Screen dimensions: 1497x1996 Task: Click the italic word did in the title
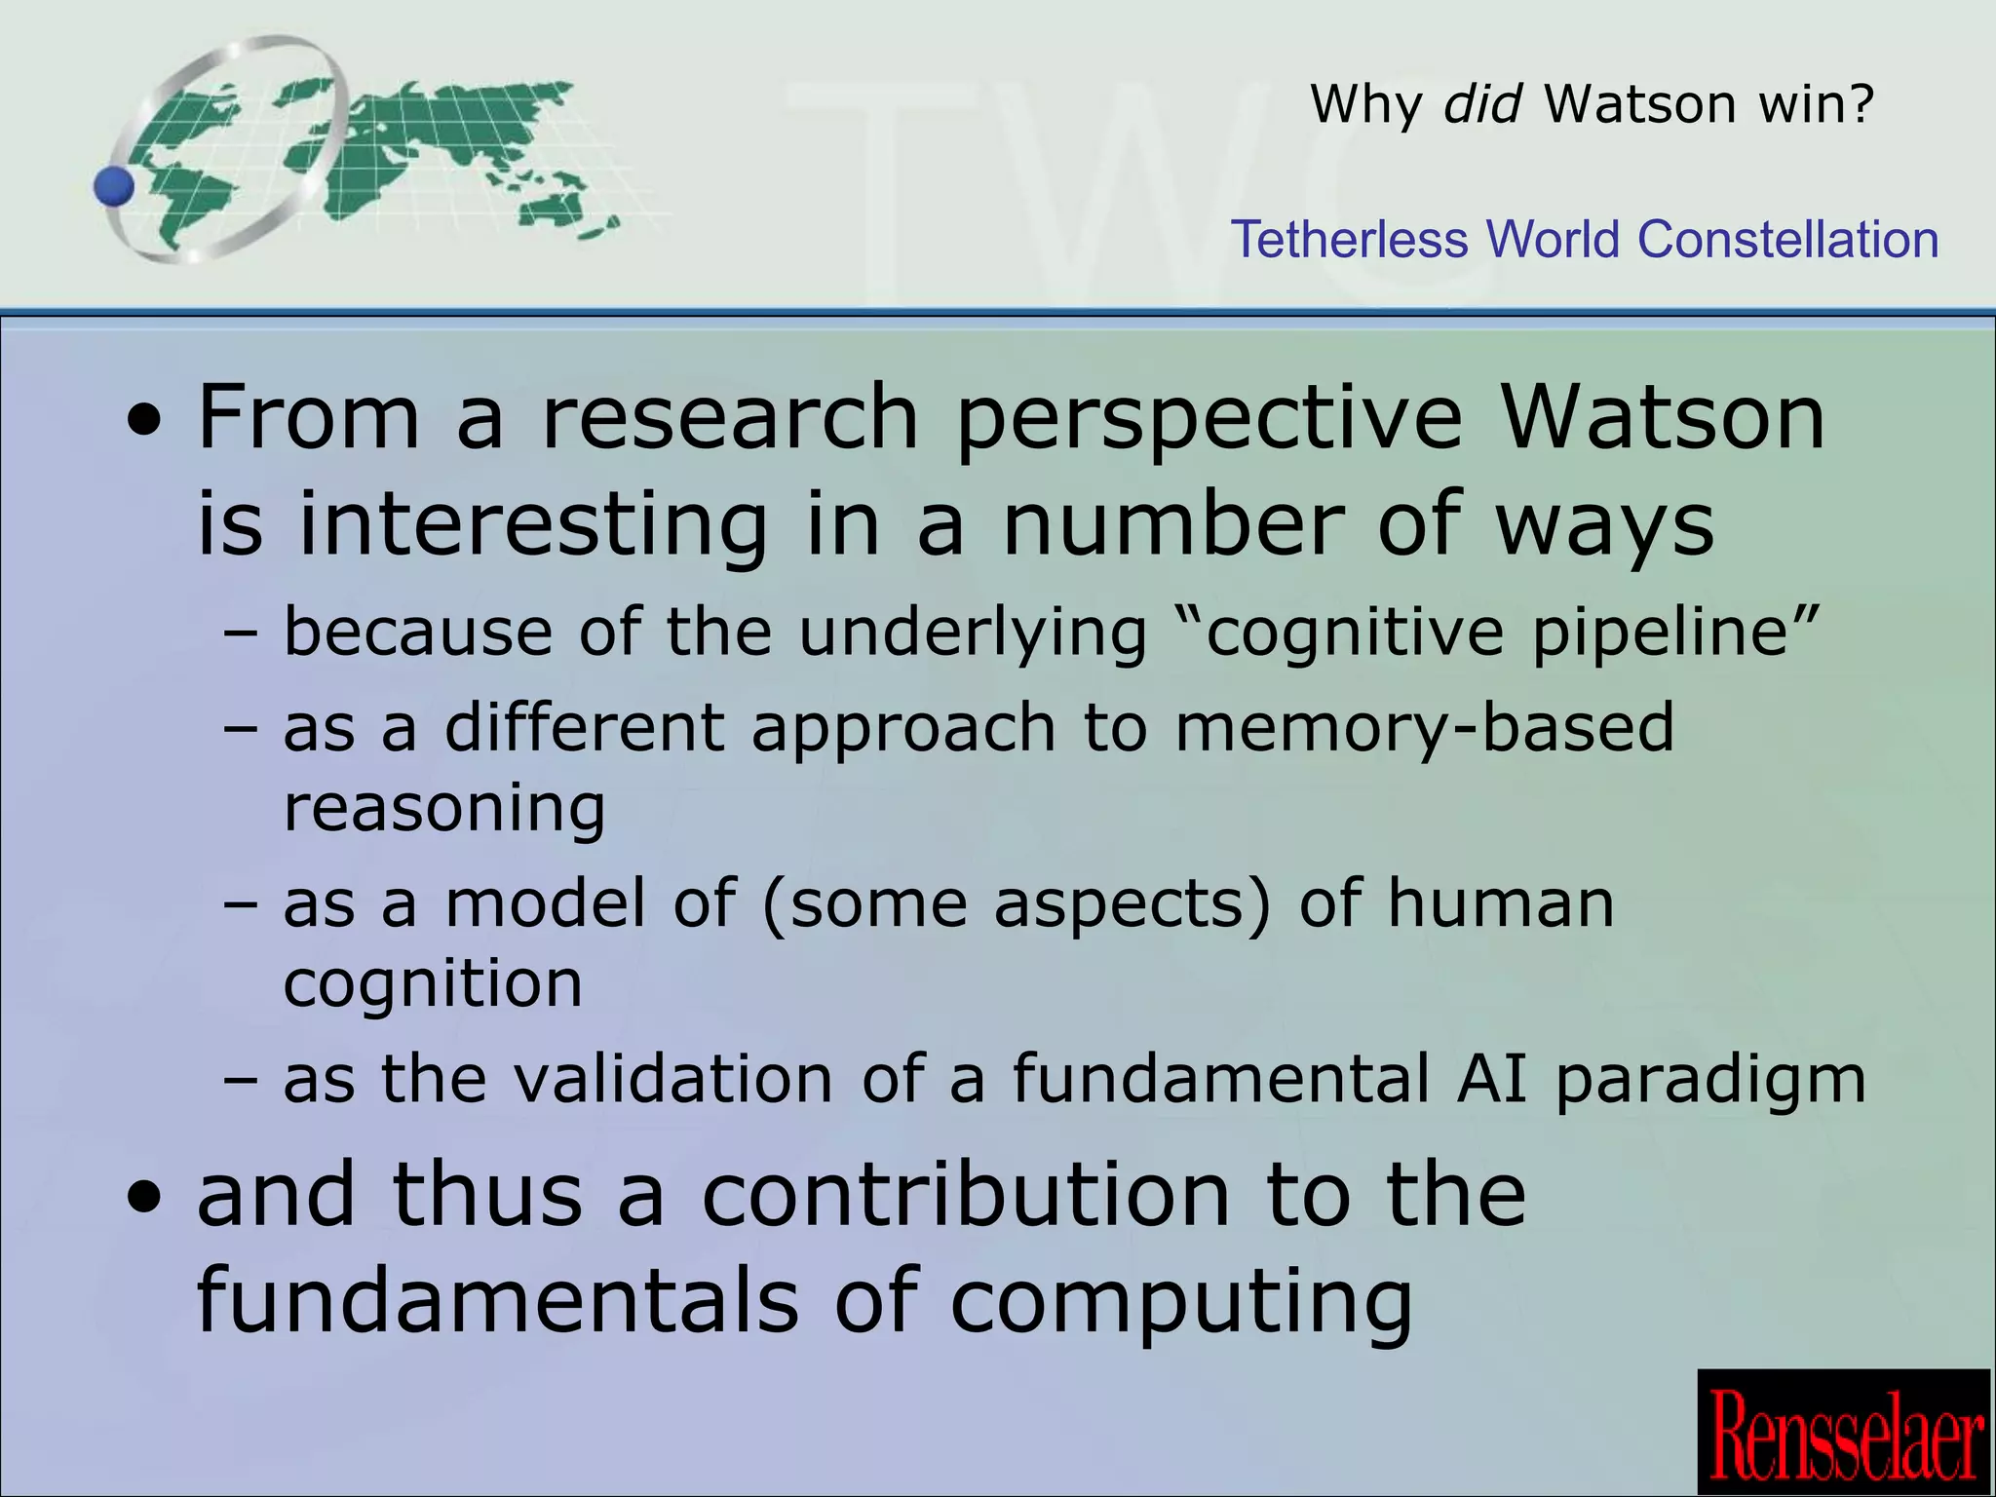[x=1481, y=103]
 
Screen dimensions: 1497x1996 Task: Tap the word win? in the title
[x=1817, y=103]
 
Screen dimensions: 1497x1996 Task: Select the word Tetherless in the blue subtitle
[x=1349, y=240]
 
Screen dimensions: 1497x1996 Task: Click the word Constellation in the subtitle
[x=1788, y=240]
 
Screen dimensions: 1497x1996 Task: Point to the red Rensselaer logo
[x=1845, y=1433]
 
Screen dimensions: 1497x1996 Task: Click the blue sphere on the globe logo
[x=115, y=186]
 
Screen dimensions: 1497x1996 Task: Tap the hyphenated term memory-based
[x=1424, y=729]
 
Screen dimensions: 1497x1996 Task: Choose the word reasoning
[x=444, y=809]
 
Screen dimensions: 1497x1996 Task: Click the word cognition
[x=433, y=984]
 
